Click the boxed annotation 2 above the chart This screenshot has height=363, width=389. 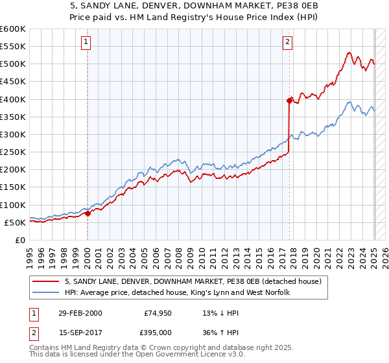point(287,43)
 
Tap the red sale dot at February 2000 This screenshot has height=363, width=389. point(88,213)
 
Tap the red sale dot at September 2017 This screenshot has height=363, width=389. point(289,100)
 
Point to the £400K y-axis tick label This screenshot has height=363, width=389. point(12,99)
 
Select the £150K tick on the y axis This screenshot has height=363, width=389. point(12,187)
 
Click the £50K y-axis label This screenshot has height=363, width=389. point(15,222)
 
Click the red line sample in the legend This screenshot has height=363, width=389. point(47,281)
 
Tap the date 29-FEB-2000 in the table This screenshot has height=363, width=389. point(80,313)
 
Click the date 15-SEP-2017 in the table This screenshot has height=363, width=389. point(80,332)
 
